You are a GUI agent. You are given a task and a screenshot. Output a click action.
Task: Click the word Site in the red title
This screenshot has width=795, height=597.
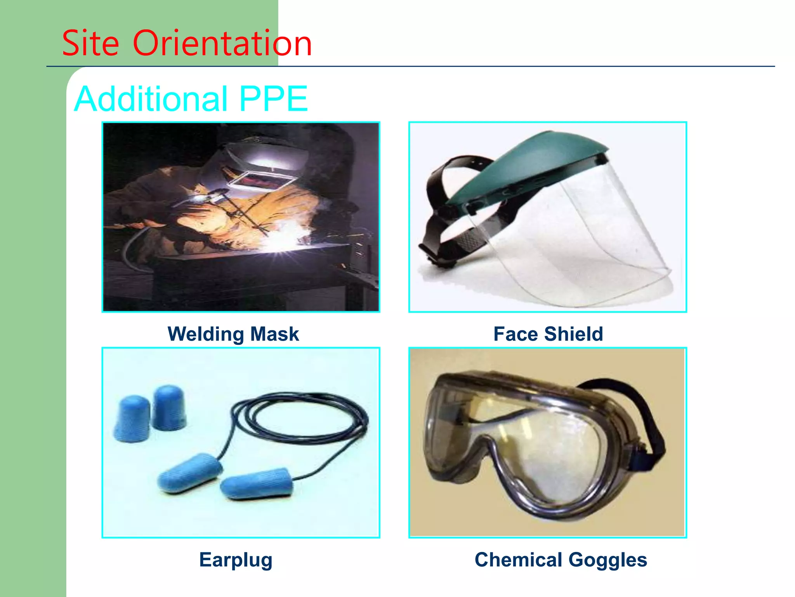pos(90,43)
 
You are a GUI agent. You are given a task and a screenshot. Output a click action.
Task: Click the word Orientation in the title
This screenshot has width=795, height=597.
pos(222,43)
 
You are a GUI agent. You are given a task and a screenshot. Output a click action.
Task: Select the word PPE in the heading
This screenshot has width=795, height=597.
pos(273,99)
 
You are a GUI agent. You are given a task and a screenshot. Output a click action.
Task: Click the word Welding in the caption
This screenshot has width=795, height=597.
pos(206,334)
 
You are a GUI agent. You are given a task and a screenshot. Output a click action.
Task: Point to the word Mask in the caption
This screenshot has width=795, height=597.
pos(274,334)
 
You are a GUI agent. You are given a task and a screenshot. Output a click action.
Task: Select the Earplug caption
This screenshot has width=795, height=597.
pos(236,560)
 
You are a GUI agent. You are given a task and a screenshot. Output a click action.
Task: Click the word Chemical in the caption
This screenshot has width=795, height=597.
pos(518,560)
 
